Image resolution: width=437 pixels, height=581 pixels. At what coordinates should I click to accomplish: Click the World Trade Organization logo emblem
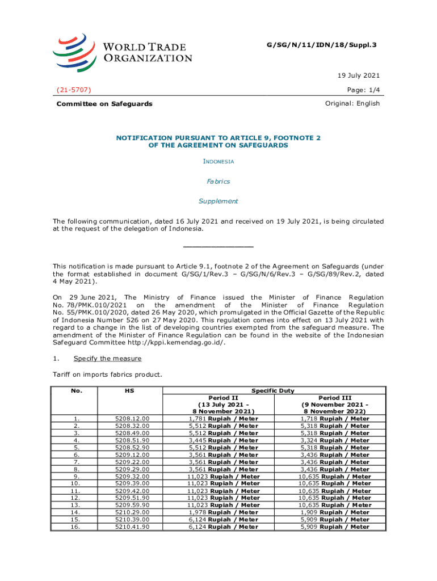click(x=74, y=49)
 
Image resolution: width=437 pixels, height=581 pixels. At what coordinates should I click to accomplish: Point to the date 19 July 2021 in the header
click(x=359, y=75)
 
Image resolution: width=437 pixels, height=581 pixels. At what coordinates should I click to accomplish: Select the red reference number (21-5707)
click(x=74, y=90)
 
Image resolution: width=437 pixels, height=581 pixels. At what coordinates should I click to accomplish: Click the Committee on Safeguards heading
click(x=104, y=104)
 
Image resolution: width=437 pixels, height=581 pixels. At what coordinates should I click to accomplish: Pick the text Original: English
click(x=352, y=103)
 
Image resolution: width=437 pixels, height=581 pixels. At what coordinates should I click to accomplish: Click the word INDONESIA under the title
click(x=218, y=162)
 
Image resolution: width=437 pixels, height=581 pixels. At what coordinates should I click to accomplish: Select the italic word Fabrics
click(x=218, y=182)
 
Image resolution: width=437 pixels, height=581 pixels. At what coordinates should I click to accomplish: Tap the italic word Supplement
click(x=218, y=201)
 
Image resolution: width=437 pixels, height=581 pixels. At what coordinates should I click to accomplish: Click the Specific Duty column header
click(x=274, y=390)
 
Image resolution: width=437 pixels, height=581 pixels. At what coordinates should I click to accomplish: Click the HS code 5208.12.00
click(x=132, y=419)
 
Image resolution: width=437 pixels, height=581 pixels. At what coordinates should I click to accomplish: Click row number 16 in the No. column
click(x=75, y=527)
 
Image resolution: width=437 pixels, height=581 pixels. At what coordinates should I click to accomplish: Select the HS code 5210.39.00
click(x=132, y=519)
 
